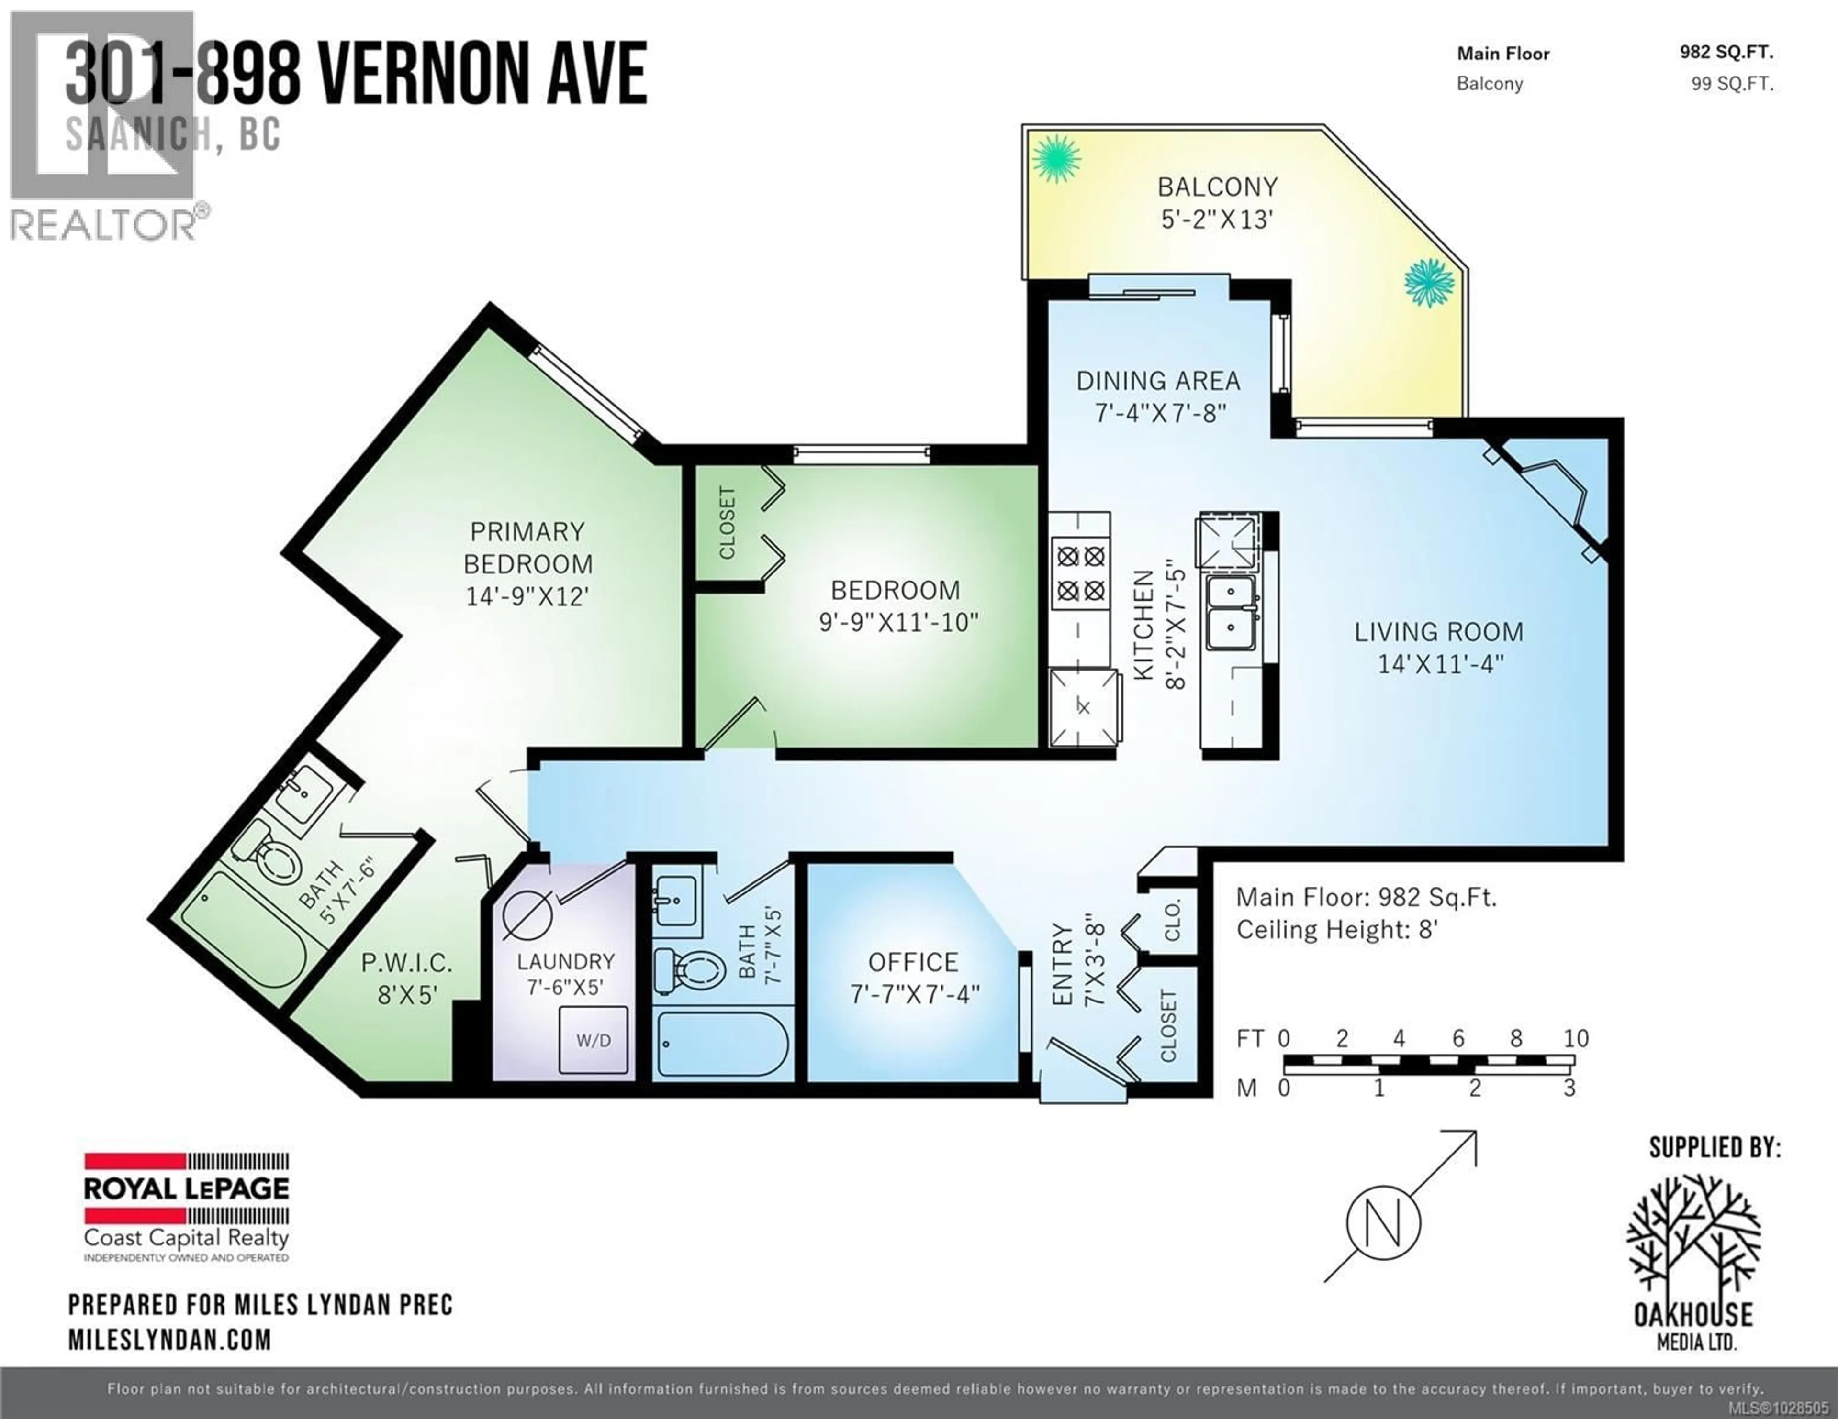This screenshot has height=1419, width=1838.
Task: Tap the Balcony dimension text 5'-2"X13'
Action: tap(1216, 220)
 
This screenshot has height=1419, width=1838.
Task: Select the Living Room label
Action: tap(1438, 632)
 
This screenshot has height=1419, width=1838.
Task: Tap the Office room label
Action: tap(913, 961)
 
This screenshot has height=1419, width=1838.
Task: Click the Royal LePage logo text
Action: tap(186, 1188)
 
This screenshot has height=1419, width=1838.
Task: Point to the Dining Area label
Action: tap(1158, 381)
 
